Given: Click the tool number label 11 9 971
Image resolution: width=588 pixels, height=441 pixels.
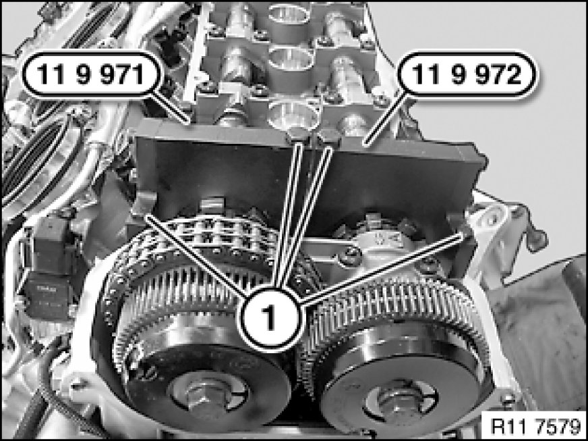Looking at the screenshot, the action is [91, 74].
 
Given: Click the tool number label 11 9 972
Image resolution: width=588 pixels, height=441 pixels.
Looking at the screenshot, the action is [467, 74].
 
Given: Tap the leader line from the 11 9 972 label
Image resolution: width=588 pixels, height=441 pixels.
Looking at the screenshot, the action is [387, 120].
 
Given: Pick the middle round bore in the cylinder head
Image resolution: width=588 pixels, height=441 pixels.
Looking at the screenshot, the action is [291, 59].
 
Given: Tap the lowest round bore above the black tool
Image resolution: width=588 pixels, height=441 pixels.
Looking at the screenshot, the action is [293, 115].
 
